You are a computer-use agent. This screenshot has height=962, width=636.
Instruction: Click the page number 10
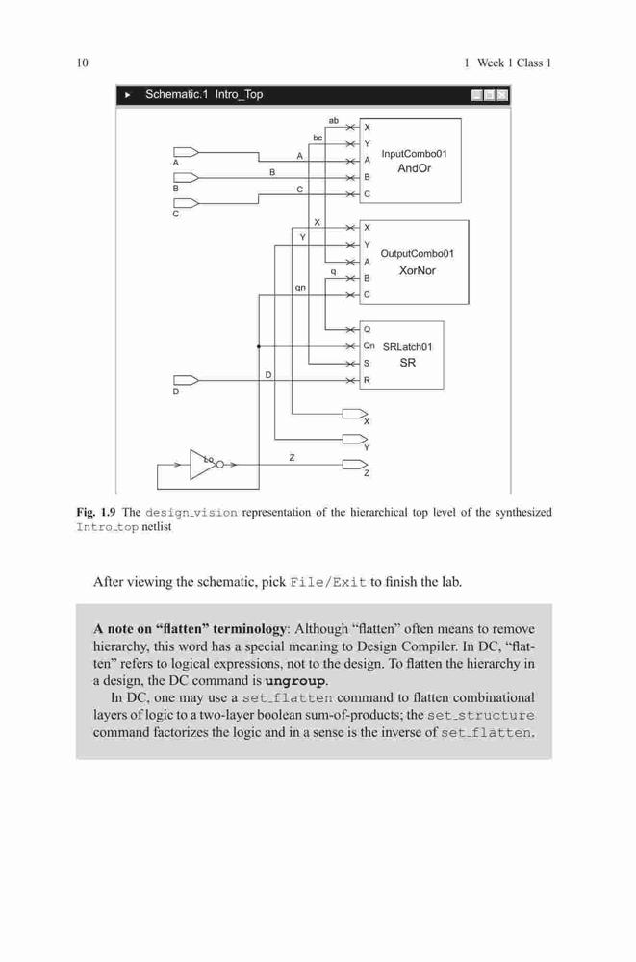click(82, 63)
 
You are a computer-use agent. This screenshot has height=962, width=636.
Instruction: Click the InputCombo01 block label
click(415, 153)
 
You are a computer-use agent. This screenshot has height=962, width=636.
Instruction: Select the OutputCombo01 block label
click(418, 253)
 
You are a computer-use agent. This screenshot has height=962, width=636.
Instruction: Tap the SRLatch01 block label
click(408, 346)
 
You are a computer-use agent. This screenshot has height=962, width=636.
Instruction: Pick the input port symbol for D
click(186, 380)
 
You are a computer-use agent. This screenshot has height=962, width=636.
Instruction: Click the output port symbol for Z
click(355, 465)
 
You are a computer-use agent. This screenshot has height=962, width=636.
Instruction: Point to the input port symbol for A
click(186, 152)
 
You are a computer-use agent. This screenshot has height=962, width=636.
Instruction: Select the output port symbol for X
click(355, 414)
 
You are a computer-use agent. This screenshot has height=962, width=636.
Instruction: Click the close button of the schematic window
click(502, 95)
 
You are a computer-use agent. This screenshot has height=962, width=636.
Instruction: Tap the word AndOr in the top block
click(415, 168)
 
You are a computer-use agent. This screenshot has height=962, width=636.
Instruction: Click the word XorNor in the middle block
click(418, 270)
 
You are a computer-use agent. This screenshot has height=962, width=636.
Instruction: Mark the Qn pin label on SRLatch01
click(369, 346)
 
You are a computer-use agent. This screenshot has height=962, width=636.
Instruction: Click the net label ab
click(333, 121)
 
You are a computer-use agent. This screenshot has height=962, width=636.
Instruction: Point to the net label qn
click(300, 287)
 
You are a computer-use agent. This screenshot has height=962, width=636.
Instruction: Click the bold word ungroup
click(295, 681)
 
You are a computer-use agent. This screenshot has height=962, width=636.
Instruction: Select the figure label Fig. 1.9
click(96, 512)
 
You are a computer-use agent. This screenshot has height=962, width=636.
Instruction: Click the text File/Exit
click(328, 582)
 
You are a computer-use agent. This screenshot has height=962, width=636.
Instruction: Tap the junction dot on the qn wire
click(259, 346)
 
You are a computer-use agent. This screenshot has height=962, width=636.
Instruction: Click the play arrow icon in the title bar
click(128, 95)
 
